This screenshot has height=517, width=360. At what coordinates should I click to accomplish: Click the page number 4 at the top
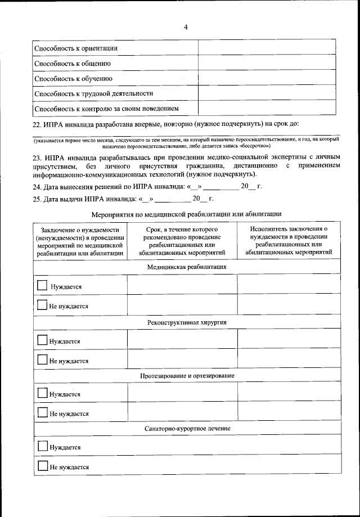tap(186, 27)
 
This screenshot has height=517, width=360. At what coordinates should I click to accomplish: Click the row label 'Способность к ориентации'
tap(76, 49)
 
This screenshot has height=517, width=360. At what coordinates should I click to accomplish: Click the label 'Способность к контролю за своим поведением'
tap(106, 108)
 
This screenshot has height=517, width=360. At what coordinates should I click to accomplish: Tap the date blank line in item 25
tap(173, 199)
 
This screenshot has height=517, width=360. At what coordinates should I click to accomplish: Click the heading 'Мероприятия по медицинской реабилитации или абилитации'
tap(186, 214)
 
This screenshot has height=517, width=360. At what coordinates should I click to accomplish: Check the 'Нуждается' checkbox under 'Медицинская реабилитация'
tap(42, 285)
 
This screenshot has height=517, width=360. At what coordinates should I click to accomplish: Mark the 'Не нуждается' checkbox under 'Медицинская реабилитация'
tap(42, 305)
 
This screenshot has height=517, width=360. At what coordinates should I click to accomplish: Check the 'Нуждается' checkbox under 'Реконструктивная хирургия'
tap(42, 340)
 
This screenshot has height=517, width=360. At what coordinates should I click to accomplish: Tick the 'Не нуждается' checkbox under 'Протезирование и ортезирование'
tap(42, 412)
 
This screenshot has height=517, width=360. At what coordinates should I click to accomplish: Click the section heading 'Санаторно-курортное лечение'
tap(187, 429)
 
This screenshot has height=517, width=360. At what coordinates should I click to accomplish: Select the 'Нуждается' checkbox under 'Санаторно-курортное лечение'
tap(42, 447)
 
